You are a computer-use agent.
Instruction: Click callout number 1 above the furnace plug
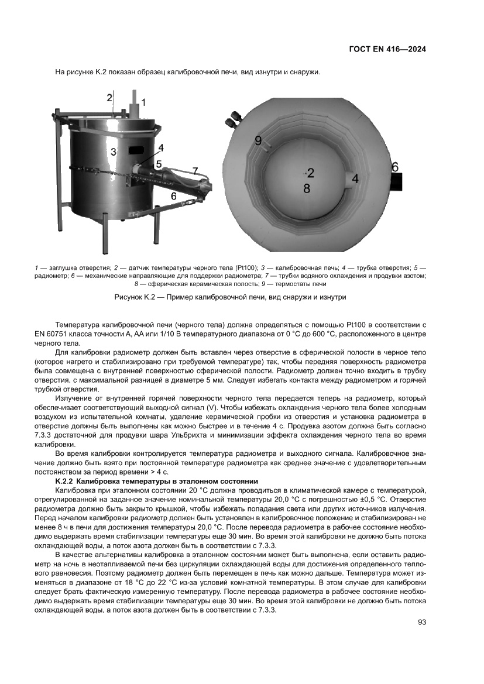144,102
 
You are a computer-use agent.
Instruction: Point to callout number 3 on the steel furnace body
115,152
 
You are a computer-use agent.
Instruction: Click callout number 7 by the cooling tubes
196,171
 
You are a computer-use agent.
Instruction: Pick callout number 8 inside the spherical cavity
306,188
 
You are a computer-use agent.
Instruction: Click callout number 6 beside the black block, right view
395,167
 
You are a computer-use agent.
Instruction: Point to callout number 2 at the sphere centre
311,173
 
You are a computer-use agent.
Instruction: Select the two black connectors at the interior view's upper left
234,119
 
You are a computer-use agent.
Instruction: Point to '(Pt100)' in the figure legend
243,267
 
